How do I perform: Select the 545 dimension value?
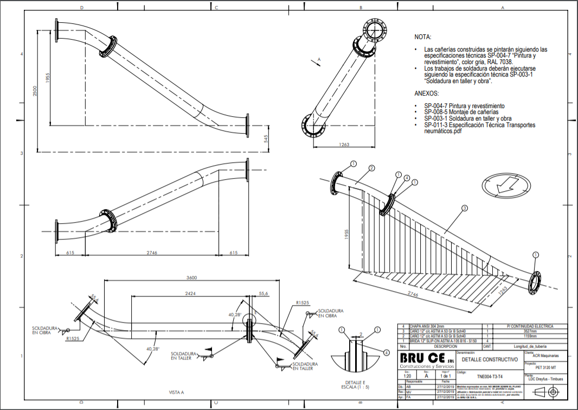click(x=266, y=138)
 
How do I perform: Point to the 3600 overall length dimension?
click(x=191, y=277)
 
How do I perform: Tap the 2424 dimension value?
click(x=190, y=293)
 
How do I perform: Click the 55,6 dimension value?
click(x=264, y=293)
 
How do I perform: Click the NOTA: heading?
click(x=423, y=37)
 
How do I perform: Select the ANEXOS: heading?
click(x=426, y=93)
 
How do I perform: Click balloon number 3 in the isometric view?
click(x=465, y=207)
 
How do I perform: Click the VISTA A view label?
click(x=177, y=392)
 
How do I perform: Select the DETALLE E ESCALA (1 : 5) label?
click(x=356, y=384)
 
